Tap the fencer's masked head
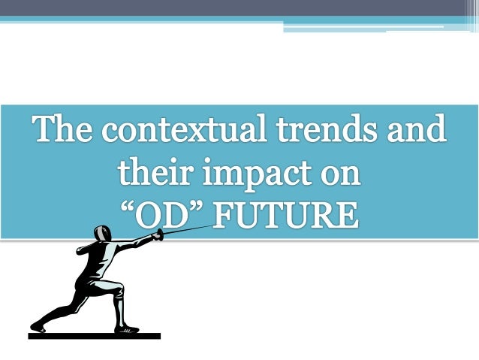coord(103,234)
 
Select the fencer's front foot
coord(127,328)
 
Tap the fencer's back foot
coord(38,325)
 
